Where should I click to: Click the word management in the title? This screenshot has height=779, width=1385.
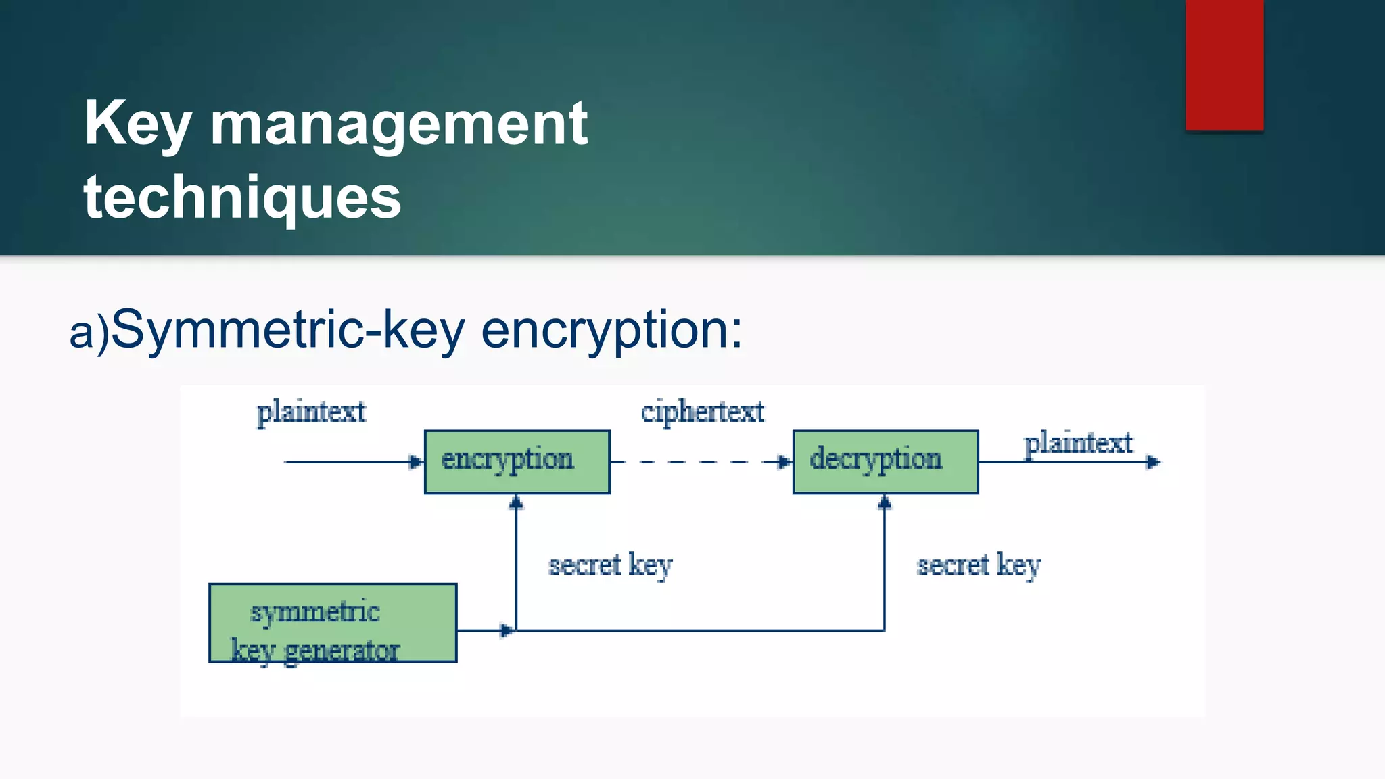399,124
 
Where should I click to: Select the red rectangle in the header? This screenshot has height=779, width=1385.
1224,65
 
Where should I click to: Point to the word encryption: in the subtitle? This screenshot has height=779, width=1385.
611,330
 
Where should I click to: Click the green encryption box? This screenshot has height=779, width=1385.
517,462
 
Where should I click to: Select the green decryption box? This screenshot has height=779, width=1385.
885,462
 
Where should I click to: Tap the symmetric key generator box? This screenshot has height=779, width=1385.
333,623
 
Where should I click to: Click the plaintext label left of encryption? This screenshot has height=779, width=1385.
311,412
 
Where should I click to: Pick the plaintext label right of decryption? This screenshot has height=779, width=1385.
1078,444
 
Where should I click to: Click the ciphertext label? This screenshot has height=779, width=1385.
703,412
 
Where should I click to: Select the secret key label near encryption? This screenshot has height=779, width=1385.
610,565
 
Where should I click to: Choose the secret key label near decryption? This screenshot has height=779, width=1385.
979,565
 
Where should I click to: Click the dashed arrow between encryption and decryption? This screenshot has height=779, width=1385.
700,462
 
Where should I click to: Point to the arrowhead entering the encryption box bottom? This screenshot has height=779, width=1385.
517,502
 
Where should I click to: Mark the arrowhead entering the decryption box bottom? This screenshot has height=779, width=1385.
885,502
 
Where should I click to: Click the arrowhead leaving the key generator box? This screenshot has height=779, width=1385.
507,631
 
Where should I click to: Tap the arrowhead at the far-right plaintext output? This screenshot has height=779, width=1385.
1153,462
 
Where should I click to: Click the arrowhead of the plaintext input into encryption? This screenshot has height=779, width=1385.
416,462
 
